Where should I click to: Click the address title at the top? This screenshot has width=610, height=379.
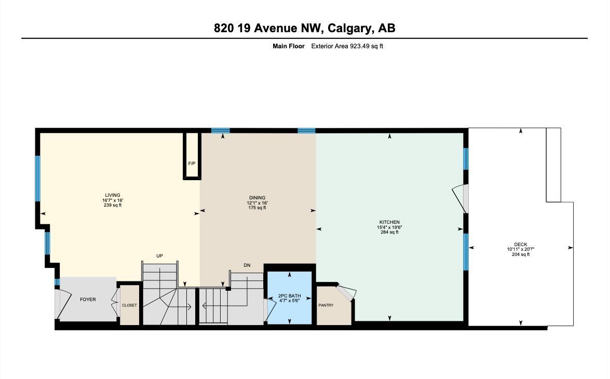(x=304, y=28)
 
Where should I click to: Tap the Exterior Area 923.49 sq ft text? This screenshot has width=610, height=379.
(x=347, y=46)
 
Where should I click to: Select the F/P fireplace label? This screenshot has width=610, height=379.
(x=192, y=164)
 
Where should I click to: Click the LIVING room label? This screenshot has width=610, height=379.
(x=112, y=195)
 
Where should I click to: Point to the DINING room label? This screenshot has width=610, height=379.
(x=257, y=198)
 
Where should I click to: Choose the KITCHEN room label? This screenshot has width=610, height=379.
(x=389, y=222)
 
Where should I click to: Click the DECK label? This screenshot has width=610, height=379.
(x=521, y=245)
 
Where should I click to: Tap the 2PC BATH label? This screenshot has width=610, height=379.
(x=289, y=295)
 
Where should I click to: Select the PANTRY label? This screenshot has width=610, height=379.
(x=326, y=305)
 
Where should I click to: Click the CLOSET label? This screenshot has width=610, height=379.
(x=129, y=305)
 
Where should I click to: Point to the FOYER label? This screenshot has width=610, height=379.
(x=88, y=300)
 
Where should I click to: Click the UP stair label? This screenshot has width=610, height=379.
(x=160, y=256)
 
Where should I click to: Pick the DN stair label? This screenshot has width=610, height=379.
(x=247, y=265)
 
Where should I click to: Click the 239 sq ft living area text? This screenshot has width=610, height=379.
(x=112, y=205)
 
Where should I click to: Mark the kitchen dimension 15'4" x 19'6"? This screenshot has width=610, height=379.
(x=389, y=227)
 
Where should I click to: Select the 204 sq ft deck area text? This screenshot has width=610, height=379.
(x=521, y=254)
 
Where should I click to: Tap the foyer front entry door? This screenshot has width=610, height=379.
(x=61, y=305)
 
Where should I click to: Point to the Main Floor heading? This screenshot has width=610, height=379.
(x=288, y=46)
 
